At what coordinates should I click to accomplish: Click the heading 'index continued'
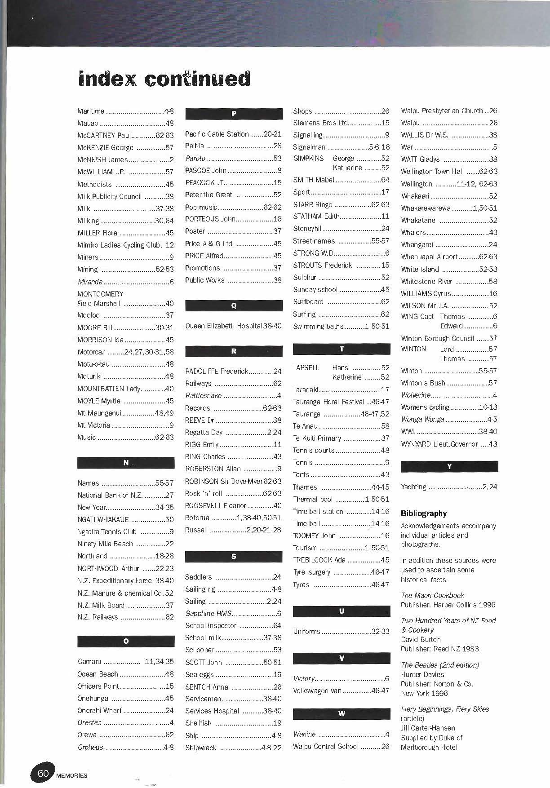[164, 79]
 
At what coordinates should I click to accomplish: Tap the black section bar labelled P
[234, 114]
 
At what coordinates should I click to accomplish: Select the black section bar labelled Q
[234, 306]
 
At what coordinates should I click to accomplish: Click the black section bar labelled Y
[449, 467]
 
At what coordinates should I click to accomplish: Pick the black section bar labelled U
[342, 611]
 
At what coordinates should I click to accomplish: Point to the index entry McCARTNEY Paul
[125, 135]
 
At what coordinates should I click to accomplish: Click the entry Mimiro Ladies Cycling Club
[125, 245]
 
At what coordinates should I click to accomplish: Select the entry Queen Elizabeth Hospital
[233, 326]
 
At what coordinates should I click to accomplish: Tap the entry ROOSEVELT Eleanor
[233, 506]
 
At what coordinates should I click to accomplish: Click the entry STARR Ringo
[341, 204]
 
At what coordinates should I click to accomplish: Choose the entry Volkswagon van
[341, 691]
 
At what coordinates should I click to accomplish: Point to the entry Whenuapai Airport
[449, 257]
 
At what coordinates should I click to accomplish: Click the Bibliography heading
[424, 514]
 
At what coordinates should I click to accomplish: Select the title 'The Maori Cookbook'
[432, 595]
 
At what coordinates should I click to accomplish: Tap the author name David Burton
[421, 639]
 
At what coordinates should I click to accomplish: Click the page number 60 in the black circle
[43, 773]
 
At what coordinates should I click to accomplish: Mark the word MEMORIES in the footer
[72, 775]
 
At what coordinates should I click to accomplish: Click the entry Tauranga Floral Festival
[341, 402]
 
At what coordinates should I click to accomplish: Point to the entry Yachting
[449, 487]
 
